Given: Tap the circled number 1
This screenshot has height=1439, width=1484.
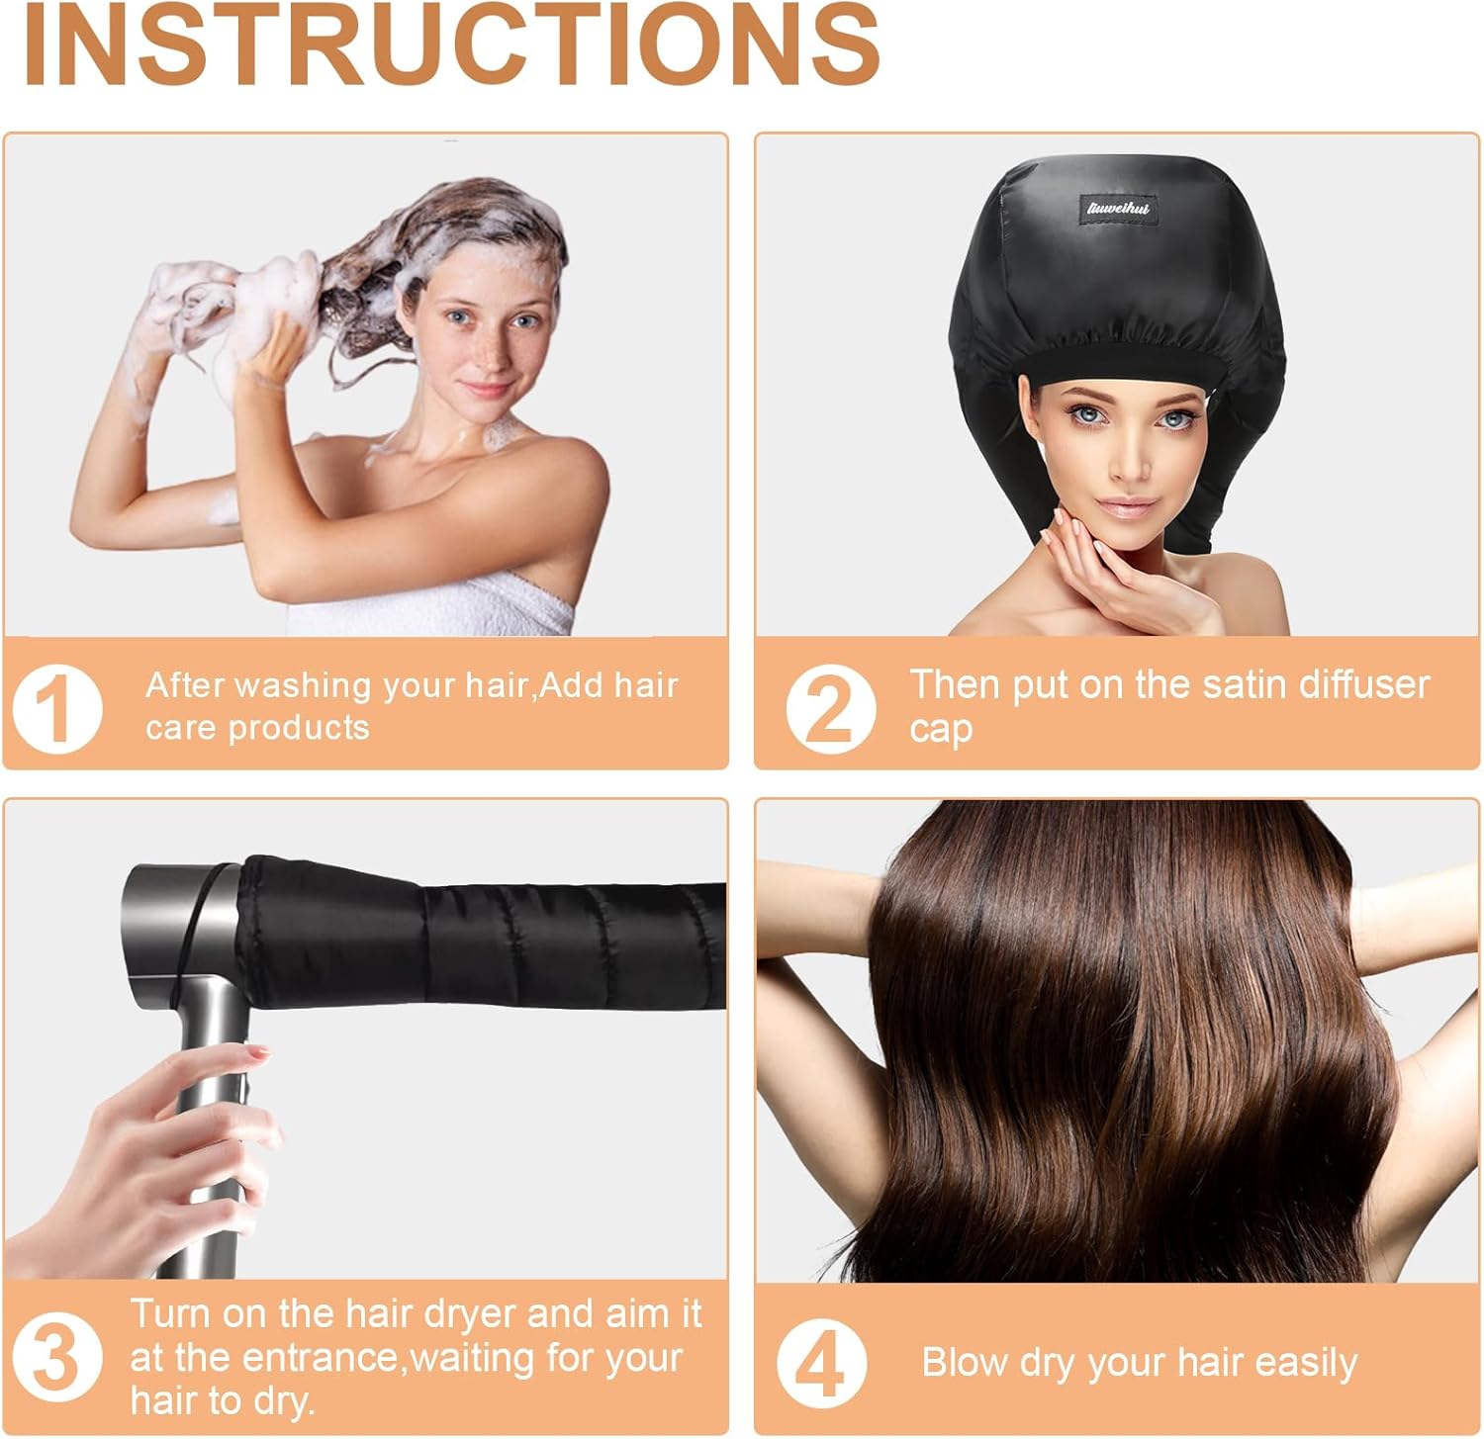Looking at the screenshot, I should pyautogui.click(x=57, y=708).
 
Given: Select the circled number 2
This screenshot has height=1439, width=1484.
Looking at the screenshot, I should pyautogui.click(x=831, y=708).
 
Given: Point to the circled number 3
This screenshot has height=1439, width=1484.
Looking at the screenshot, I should pyautogui.click(x=57, y=1357).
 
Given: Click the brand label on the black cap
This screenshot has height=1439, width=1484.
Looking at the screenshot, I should pyautogui.click(x=1118, y=209).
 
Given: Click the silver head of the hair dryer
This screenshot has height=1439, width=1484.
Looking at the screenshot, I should pyautogui.click(x=183, y=935).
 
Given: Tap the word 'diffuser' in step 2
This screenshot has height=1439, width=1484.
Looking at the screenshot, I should pyautogui.click(x=1364, y=684).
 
